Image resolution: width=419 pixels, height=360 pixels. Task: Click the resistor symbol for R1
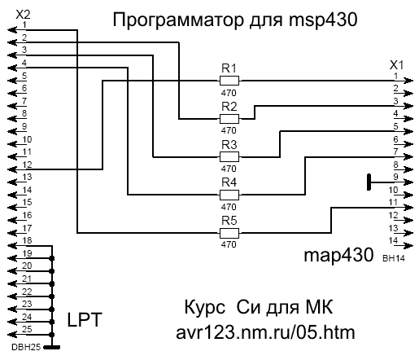pos(229,81)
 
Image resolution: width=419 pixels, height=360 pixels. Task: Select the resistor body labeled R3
pos(229,157)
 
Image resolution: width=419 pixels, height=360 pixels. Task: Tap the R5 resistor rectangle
pos(229,233)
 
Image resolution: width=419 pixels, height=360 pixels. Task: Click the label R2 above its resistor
pos(229,107)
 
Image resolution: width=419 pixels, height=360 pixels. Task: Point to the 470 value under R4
pos(229,207)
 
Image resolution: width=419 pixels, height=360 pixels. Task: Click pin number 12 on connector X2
pos(27,165)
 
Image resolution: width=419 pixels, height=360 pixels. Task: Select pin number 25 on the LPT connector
pos(27,329)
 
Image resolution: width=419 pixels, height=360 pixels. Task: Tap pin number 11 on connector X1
pos(393,202)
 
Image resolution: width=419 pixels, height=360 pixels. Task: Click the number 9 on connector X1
pos(395,177)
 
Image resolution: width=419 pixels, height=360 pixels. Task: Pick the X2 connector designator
pos(23,15)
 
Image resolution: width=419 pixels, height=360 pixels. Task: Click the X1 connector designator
pos(396,65)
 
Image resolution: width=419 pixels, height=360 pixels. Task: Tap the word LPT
pos(85,319)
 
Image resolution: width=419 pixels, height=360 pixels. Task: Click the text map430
pos(338,256)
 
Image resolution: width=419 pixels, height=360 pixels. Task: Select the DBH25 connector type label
pos(26,347)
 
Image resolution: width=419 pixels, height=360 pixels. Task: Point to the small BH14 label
pos(394,258)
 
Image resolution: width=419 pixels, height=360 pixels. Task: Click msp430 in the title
pos(323,20)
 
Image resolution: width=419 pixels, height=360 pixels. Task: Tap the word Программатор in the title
pos(178,20)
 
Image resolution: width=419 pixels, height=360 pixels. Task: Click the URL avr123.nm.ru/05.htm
pos(265,332)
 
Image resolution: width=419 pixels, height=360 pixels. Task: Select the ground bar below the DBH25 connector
pos(52,347)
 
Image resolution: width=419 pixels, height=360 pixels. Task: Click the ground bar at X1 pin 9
pos(369,182)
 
